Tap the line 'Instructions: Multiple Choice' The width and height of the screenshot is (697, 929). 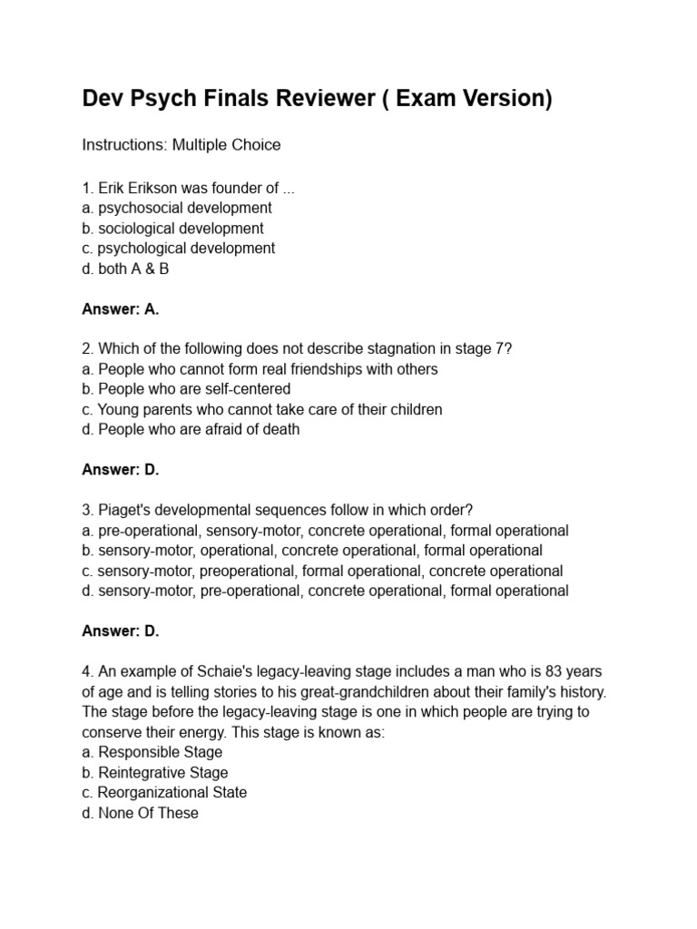[182, 145]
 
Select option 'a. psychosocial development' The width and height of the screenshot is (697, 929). [176, 208]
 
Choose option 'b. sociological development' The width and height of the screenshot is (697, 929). [172, 228]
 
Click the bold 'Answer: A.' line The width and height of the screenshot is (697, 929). [121, 309]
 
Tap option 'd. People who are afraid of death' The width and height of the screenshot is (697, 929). [191, 429]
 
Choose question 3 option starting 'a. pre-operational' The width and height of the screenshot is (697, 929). [325, 531]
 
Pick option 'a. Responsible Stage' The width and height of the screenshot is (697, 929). [152, 752]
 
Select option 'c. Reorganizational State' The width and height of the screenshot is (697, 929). [164, 792]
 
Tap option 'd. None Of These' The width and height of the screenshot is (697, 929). [141, 813]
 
